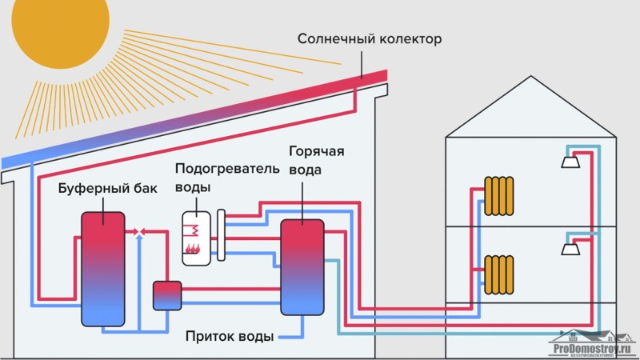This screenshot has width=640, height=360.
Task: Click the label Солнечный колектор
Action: click(x=369, y=38)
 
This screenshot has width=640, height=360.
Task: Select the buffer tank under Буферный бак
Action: click(x=102, y=269)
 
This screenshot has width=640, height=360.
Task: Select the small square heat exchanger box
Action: click(x=167, y=294)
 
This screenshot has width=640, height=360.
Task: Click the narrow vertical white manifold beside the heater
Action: click(x=221, y=235)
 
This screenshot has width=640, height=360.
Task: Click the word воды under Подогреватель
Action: click(x=194, y=188)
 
